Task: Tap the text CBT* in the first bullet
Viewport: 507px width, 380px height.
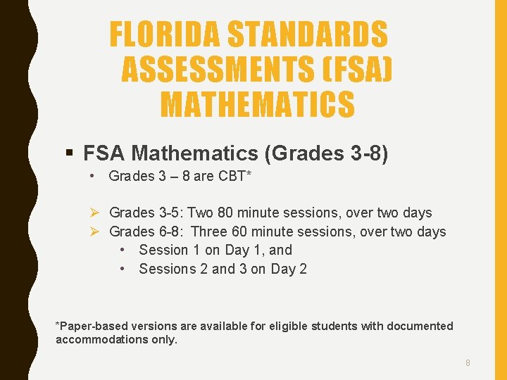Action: [232, 176]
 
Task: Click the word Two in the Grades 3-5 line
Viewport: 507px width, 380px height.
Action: [201, 213]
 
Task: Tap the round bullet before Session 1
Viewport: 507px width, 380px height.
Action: [123, 250]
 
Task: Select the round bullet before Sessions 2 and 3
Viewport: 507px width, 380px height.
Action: [123, 269]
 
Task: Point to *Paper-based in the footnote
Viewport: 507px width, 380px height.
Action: [87, 326]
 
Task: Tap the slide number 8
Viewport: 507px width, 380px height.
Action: [468, 363]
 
